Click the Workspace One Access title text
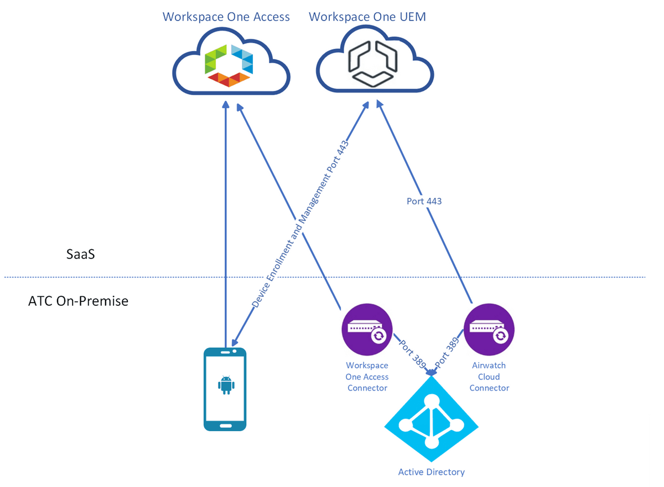[x=226, y=17]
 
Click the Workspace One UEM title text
[x=367, y=17]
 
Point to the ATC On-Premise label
[x=78, y=301]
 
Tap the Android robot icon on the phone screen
[x=225, y=385]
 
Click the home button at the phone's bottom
[x=225, y=425]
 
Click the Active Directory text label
[x=432, y=472]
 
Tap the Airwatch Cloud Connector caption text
[x=489, y=377]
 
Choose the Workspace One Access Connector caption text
[x=367, y=377]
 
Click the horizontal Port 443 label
[x=424, y=201]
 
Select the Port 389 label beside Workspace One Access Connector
[x=412, y=355]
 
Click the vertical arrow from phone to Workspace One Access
[x=225, y=222]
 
